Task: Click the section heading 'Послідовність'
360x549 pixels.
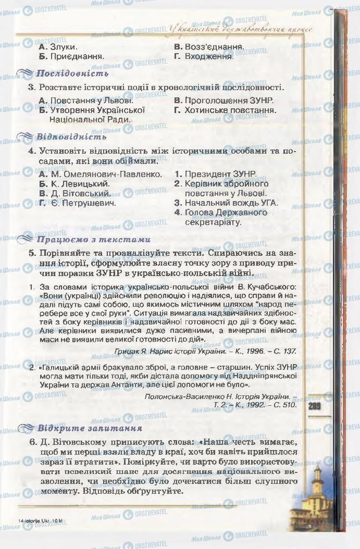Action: click(x=72, y=73)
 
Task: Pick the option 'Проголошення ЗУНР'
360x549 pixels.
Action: click(x=224, y=100)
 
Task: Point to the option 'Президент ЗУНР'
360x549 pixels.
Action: click(x=215, y=174)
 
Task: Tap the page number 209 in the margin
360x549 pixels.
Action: click(x=315, y=406)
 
